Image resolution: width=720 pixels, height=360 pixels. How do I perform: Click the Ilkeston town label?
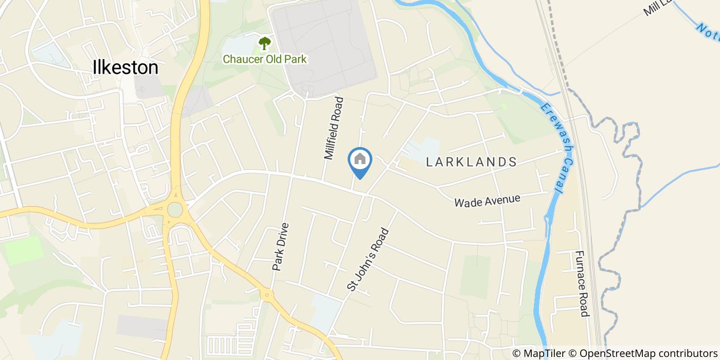(125, 67)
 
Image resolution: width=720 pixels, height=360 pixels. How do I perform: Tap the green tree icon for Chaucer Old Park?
(264, 43)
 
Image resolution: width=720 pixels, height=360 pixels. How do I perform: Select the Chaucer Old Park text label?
(264, 59)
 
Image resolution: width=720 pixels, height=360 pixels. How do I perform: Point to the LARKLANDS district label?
(472, 162)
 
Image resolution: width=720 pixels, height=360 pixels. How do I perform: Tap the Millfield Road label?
(333, 128)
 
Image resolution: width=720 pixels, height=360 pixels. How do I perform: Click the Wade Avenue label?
(487, 201)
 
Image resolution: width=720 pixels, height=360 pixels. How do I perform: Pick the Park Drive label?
(281, 247)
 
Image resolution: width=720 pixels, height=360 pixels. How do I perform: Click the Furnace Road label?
(581, 283)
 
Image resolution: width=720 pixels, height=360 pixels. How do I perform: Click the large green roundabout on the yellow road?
(175, 210)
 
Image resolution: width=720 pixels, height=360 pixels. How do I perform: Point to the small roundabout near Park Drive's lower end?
(266, 295)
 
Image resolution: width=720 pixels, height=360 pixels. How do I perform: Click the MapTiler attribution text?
(538, 353)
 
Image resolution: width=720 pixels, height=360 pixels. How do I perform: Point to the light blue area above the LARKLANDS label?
(423, 147)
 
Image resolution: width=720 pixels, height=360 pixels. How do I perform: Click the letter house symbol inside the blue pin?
(360, 158)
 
